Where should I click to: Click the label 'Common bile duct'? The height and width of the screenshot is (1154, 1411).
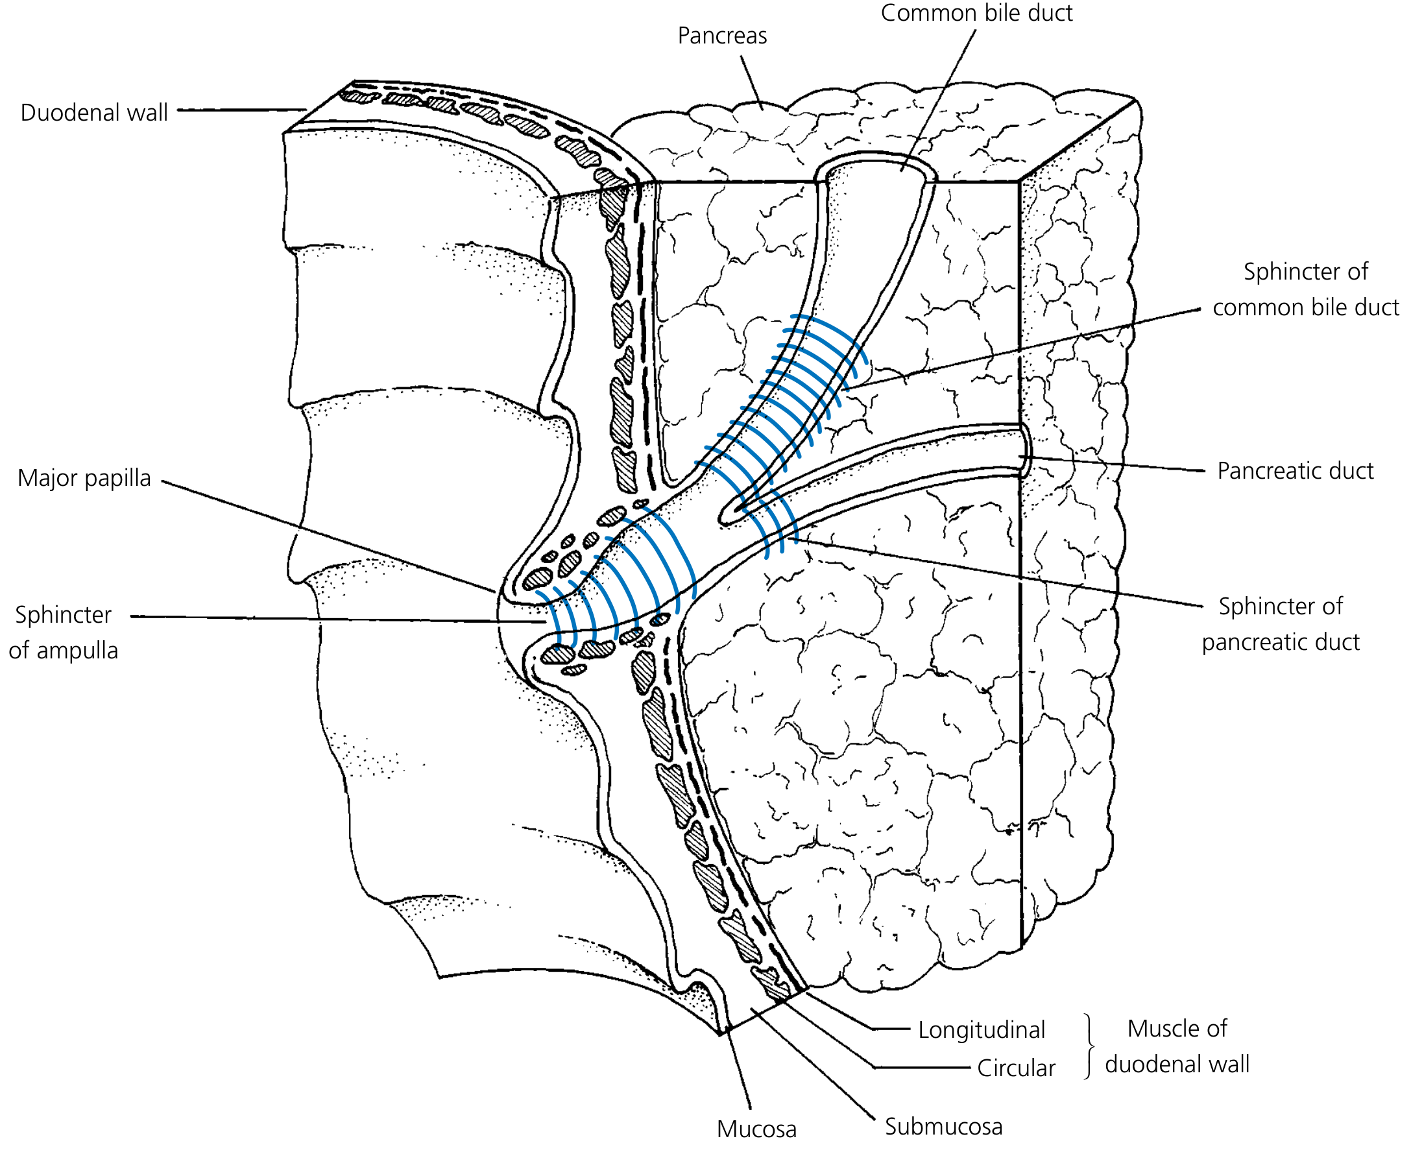coord(976,13)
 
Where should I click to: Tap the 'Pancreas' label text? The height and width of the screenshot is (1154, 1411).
coord(722,36)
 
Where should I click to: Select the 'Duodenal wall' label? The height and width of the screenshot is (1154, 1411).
coord(93,113)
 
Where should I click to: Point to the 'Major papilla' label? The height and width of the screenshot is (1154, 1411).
coord(84,478)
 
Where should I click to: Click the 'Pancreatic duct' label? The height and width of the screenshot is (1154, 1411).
coord(1295,471)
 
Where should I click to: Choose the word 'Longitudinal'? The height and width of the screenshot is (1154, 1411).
coord(981,1029)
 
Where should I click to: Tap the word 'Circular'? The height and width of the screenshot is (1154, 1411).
coord(1015,1068)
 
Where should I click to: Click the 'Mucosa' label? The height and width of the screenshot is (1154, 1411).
coord(756,1129)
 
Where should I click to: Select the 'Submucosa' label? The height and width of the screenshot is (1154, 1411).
coord(943,1127)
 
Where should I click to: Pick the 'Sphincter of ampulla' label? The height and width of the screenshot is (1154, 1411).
coord(63,632)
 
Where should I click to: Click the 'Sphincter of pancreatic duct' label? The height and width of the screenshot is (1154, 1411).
coord(1281,624)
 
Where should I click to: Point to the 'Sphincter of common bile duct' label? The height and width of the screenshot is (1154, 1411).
coord(1305,290)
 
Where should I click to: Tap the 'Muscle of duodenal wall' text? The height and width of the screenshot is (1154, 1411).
coord(1176,1046)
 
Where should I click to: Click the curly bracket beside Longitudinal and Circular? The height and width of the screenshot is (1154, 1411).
coord(1089,1046)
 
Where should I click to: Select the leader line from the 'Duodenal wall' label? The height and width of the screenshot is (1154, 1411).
coord(239,110)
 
